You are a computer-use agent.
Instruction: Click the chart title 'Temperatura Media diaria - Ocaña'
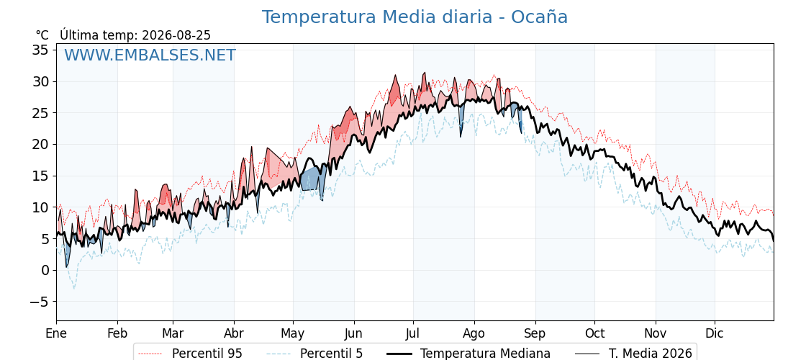tap(415, 17)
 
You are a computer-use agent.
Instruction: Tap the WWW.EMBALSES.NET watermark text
tap(150, 55)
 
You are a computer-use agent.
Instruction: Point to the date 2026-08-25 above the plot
tap(176, 35)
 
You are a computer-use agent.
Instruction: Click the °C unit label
tap(42, 35)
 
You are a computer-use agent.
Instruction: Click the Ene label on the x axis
tap(56, 333)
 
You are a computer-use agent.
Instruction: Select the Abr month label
tap(234, 333)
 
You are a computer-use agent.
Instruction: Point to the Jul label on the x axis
tap(413, 333)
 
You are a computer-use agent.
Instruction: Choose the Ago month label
tap(474, 333)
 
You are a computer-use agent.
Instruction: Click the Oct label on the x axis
tap(594, 333)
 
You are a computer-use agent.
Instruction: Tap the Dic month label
tap(715, 333)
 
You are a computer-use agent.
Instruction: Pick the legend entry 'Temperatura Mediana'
tap(467, 354)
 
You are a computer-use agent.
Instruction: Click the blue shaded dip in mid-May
tap(312, 180)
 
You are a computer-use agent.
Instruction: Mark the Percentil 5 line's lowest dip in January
tap(73, 288)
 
